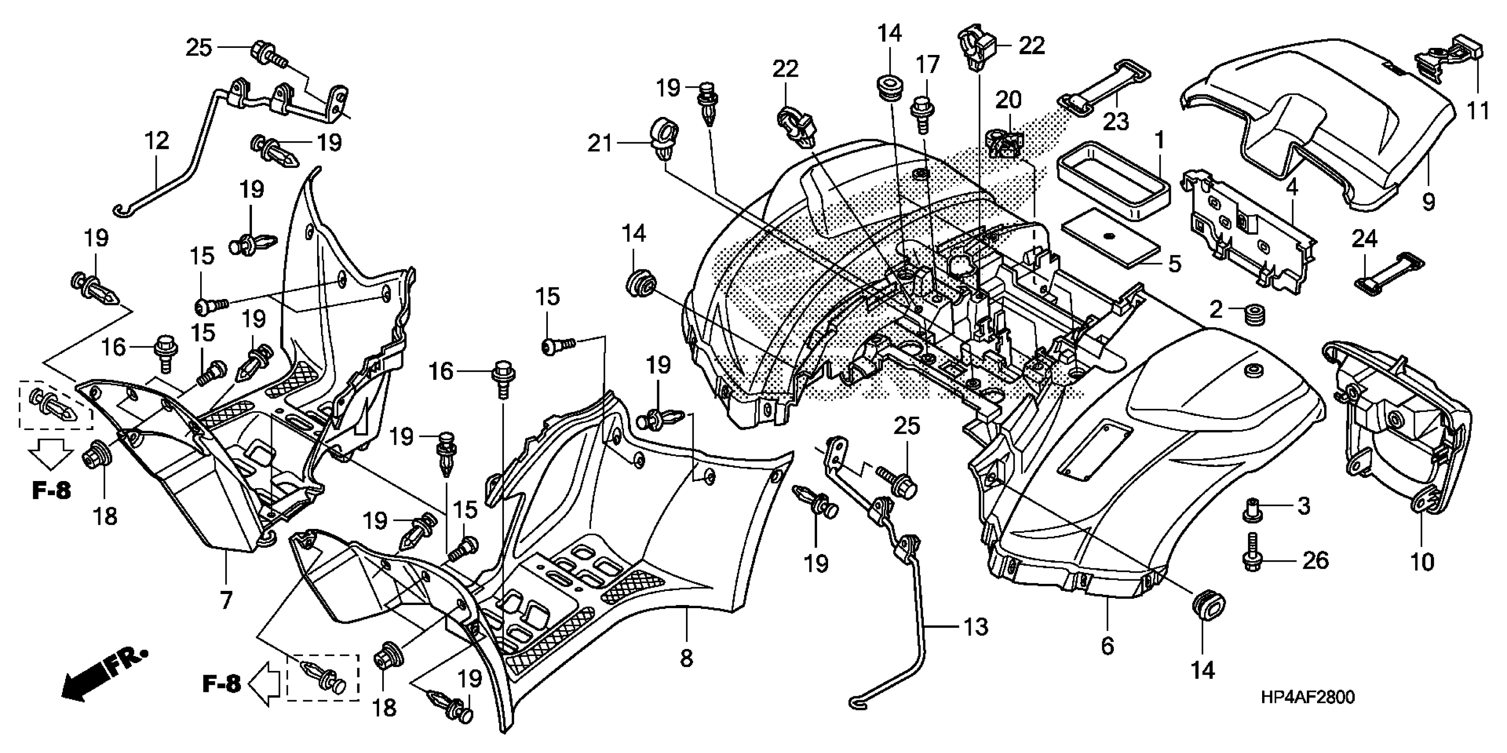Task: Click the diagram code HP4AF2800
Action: [x=1307, y=698]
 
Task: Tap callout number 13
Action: [x=975, y=627]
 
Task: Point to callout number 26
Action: [x=1316, y=560]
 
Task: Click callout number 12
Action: [x=157, y=141]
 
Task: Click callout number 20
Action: [x=1008, y=100]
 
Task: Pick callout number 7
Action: [x=226, y=600]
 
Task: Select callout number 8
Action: [x=686, y=658]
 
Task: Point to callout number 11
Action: [x=1478, y=110]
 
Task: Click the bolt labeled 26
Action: [x=1252, y=552]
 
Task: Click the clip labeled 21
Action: [x=662, y=140]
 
